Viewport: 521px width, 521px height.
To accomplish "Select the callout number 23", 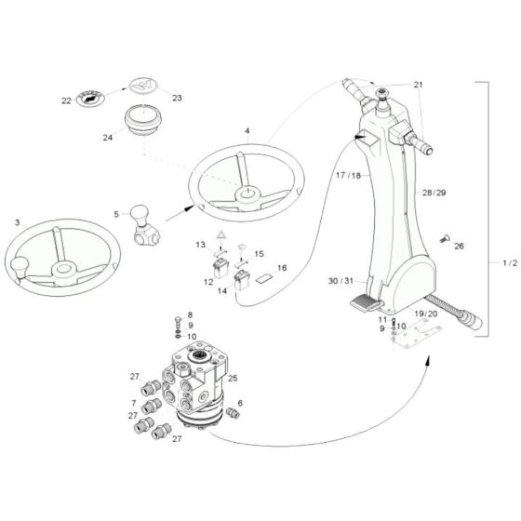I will (x=178, y=97).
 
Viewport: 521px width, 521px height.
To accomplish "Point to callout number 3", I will (x=17, y=223).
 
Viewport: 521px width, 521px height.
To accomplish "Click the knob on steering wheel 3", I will (x=18, y=271).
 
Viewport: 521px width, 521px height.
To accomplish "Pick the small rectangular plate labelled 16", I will (x=264, y=277).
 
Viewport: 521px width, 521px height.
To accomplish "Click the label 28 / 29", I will (x=434, y=191).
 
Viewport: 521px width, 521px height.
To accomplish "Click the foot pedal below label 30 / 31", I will (x=365, y=301).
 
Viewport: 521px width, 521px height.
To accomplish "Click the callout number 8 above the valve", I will (x=191, y=316).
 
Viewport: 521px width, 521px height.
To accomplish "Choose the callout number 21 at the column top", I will (x=417, y=85).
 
